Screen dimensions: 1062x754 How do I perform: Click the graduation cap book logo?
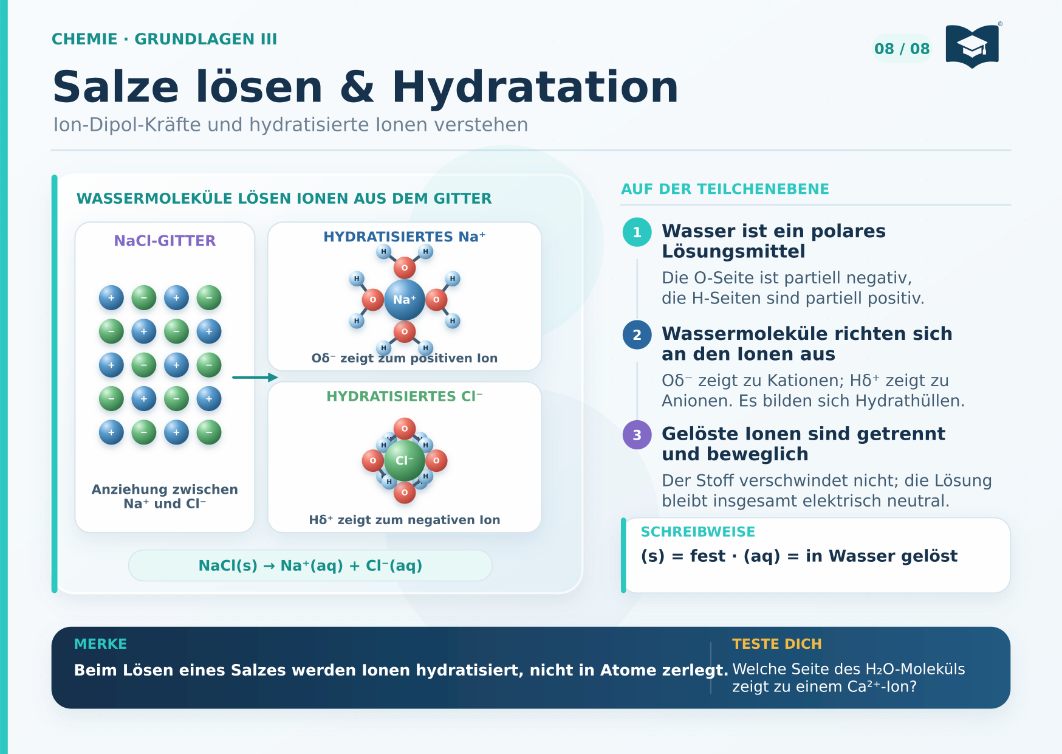click(x=972, y=46)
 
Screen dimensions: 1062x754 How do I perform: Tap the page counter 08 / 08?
click(x=902, y=49)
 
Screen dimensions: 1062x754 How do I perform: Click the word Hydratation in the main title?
click(x=535, y=87)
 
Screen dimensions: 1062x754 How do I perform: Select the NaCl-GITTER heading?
click(x=165, y=241)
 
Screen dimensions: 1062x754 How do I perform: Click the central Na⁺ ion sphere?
click(x=405, y=300)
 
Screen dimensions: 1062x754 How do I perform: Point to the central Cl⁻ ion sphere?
click(x=405, y=460)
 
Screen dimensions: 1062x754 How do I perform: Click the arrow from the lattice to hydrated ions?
click(x=255, y=378)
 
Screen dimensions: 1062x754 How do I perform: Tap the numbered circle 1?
click(x=637, y=232)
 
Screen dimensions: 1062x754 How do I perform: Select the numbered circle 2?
click(x=637, y=334)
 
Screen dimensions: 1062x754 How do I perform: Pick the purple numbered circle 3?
click(x=637, y=435)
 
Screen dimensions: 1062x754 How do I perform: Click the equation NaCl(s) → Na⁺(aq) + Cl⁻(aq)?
click(x=310, y=565)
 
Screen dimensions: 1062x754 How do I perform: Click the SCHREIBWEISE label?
click(x=698, y=532)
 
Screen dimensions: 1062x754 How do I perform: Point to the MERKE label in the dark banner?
click(x=100, y=644)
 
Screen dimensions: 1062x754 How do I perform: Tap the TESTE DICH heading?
click(x=777, y=644)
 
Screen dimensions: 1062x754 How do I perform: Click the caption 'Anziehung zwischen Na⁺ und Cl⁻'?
click(x=165, y=496)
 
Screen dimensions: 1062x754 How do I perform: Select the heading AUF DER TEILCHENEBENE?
click(x=725, y=189)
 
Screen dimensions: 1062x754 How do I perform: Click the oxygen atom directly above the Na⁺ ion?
click(x=405, y=268)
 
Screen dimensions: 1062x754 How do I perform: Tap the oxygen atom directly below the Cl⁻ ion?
click(x=405, y=493)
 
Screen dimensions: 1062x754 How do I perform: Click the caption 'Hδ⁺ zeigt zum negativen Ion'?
click(x=405, y=520)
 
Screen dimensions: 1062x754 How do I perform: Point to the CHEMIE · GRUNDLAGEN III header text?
click(x=164, y=39)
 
